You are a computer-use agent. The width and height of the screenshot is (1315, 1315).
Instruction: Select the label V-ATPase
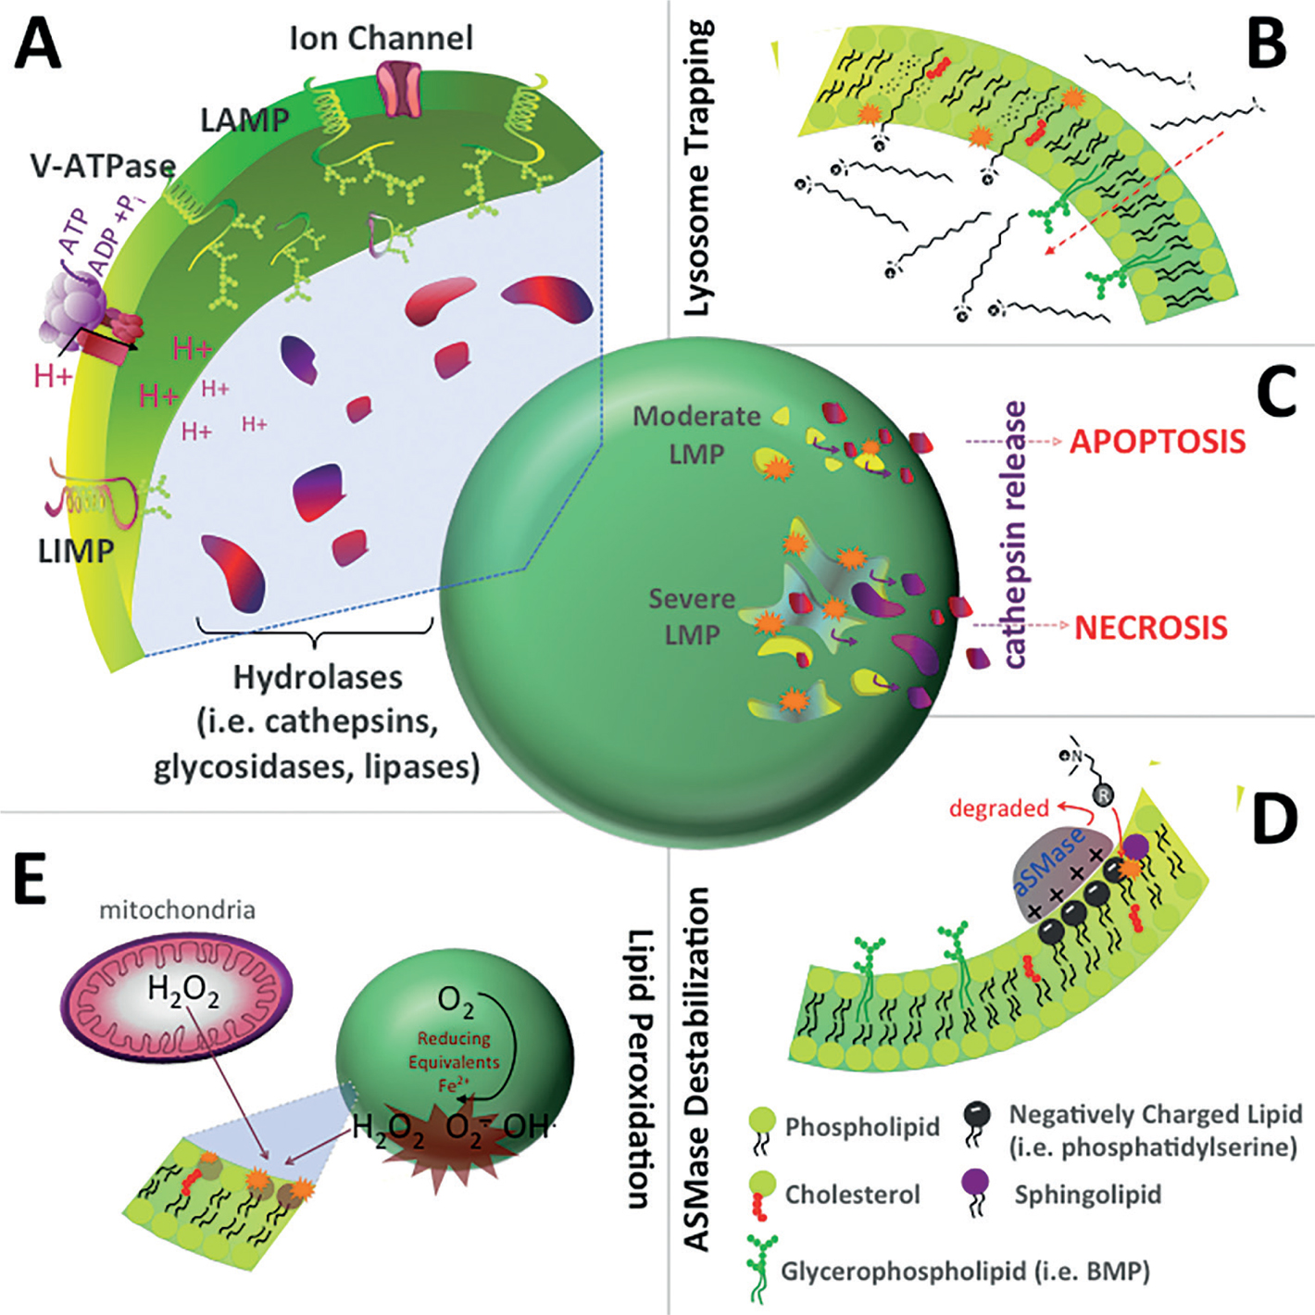point(103,167)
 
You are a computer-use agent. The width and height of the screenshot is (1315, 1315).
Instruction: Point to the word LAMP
point(244,119)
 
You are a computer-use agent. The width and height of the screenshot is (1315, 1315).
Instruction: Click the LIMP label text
point(76,551)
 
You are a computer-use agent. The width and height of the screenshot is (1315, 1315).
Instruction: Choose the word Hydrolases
point(318,677)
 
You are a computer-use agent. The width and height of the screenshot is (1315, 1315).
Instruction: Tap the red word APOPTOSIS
point(1158,442)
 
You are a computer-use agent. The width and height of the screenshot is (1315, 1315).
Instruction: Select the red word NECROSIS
point(1151,628)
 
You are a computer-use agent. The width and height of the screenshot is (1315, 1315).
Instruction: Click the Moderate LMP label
point(696,435)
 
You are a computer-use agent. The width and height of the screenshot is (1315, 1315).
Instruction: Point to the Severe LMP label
point(692,617)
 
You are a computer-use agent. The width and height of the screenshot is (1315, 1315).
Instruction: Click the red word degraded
point(998,808)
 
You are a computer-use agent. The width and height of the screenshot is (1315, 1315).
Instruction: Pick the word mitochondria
point(177,909)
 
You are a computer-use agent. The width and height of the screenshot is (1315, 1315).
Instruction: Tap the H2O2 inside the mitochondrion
point(183,992)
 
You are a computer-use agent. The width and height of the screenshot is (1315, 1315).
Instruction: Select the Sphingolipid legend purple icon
point(975,1185)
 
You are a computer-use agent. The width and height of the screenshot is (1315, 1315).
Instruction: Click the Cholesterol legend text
point(852,1195)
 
